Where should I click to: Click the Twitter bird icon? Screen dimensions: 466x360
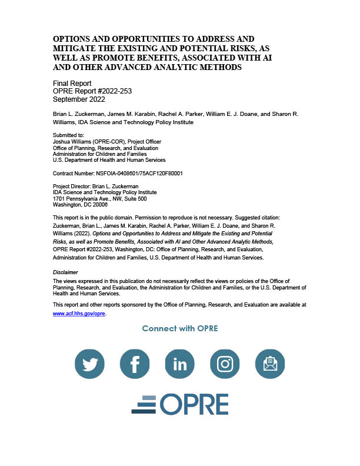[x=90, y=365]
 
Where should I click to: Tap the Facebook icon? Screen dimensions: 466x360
[x=135, y=365]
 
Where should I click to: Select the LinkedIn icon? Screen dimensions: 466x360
[x=180, y=365]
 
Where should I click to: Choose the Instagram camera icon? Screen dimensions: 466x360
[x=225, y=365]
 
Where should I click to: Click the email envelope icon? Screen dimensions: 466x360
[x=270, y=365]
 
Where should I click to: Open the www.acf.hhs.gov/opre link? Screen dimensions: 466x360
[x=79, y=314]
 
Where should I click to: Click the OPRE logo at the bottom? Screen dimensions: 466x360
[x=179, y=404]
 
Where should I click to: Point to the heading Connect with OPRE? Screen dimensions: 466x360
[x=180, y=328]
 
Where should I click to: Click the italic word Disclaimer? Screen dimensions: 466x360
[x=65, y=272]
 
